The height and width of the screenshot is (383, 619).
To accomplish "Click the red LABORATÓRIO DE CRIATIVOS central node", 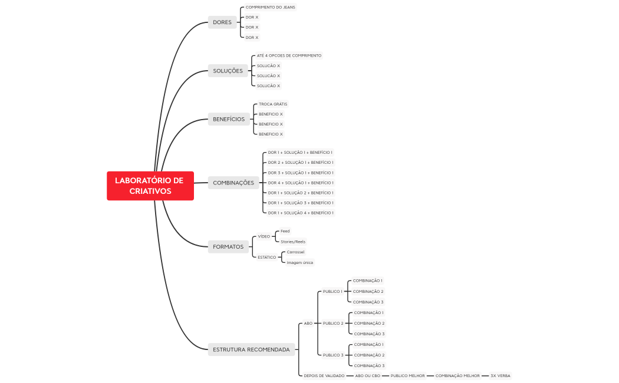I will point(150,186).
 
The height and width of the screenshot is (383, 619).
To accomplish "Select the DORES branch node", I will point(222,22).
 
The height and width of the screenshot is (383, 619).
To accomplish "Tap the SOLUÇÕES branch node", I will point(228,71).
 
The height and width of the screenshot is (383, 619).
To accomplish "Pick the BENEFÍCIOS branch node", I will point(229,119).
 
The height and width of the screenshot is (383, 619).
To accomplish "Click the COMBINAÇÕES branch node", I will point(233,183).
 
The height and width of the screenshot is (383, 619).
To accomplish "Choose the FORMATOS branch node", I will point(228,246).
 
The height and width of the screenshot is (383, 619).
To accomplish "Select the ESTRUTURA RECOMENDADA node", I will point(251,349).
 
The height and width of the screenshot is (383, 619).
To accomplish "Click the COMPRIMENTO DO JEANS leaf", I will point(270,7).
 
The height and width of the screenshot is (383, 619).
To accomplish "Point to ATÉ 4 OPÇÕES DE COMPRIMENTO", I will point(289,55).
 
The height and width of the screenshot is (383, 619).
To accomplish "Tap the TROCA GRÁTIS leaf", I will point(273,104).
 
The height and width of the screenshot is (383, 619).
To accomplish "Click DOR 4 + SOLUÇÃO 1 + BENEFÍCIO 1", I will point(301,183).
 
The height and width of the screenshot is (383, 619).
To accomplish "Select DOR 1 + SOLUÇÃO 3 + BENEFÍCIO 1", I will point(301,203).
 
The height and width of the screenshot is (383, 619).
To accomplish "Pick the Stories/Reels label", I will point(293,242).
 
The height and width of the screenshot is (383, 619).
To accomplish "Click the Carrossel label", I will point(295,252).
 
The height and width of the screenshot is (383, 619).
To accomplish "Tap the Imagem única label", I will point(299,262).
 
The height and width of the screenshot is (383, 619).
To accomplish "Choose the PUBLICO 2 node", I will point(332,323).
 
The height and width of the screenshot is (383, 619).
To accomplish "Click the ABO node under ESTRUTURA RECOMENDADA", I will point(308,323).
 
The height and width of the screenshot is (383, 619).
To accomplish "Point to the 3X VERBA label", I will point(500,375).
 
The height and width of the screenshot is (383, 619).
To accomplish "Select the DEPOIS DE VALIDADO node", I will point(324,375).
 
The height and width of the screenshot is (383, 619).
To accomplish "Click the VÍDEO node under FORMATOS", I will point(264,236).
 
